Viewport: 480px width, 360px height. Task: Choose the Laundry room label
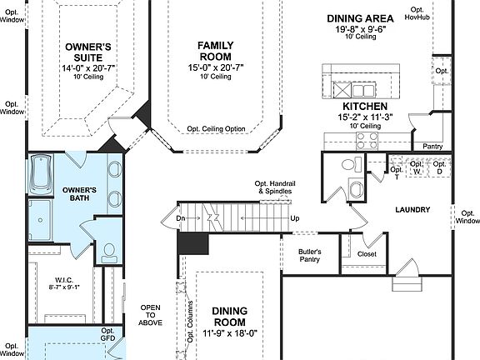pos(412,210)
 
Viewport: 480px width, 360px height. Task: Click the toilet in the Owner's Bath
pos(109,249)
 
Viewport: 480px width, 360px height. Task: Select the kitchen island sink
pos(363,89)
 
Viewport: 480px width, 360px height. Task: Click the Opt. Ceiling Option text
pos(216,129)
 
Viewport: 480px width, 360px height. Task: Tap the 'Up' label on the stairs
pos(295,219)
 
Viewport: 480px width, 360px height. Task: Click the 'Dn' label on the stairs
pos(180,219)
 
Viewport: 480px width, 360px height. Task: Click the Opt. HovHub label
pos(417,12)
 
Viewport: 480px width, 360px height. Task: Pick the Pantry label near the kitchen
pos(432,146)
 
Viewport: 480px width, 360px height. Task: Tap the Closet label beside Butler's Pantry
pos(367,254)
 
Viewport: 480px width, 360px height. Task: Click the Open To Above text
pos(150,315)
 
